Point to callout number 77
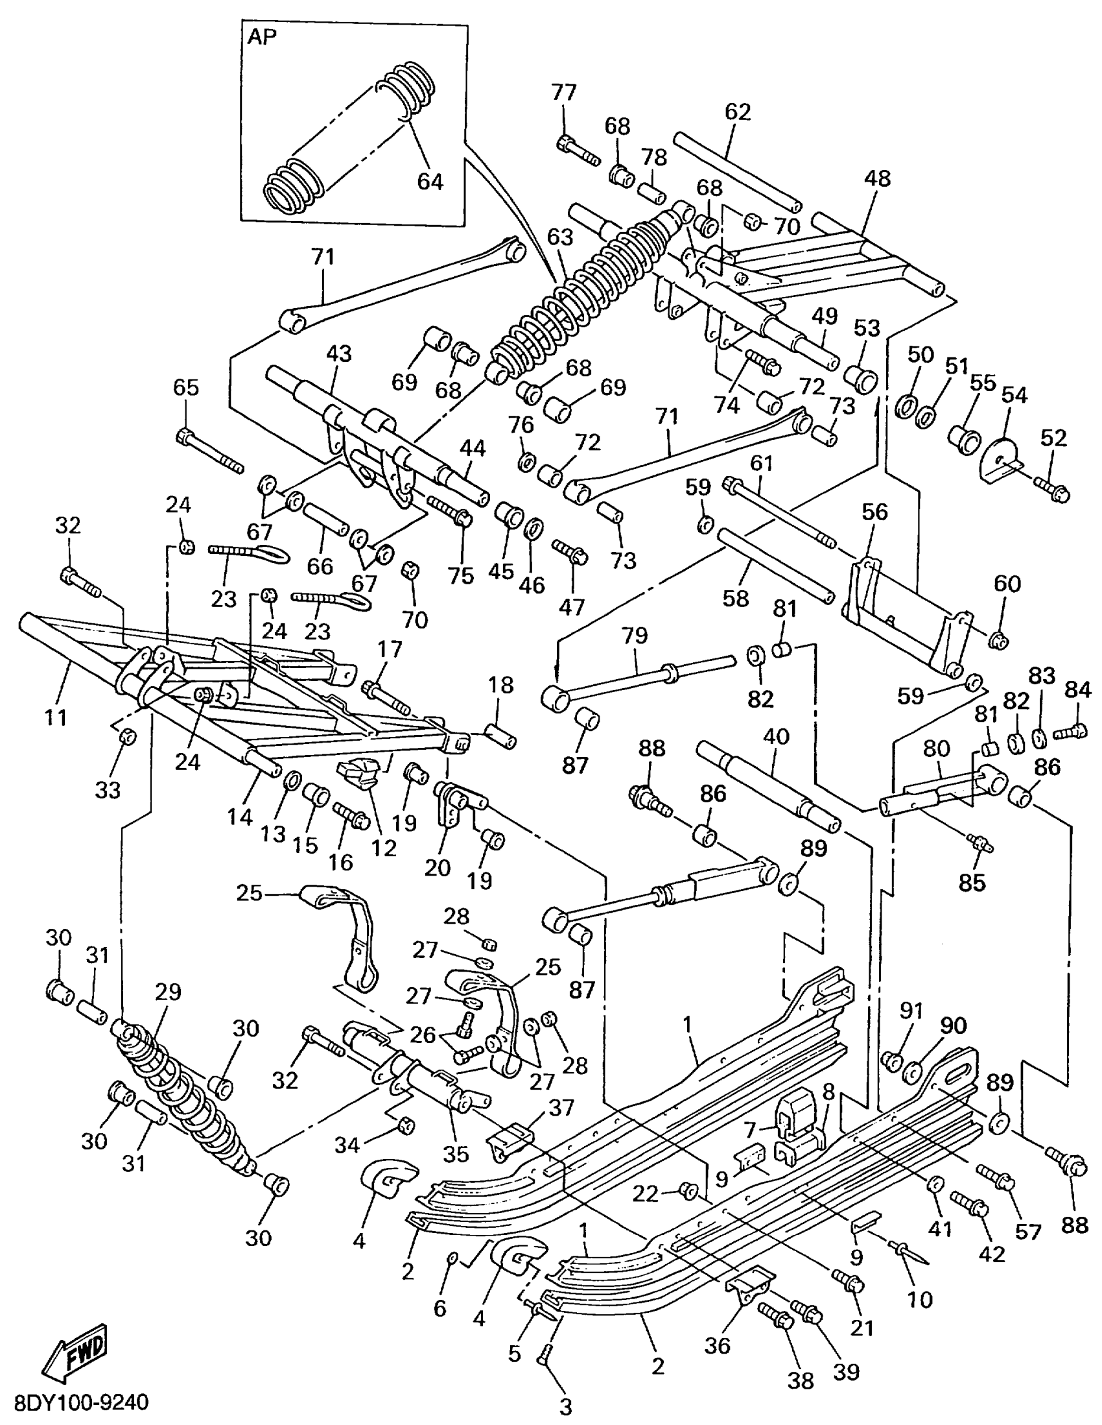pos(564,92)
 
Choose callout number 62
pos(738,112)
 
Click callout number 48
pos(877,178)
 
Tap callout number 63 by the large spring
pos(559,237)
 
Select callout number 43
pos(338,353)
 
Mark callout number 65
pos(186,388)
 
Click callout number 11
pos(56,718)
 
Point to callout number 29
pos(168,992)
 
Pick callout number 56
pos(874,512)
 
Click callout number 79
pos(635,635)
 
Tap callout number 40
pos(776,737)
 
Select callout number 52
pos(1053,438)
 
